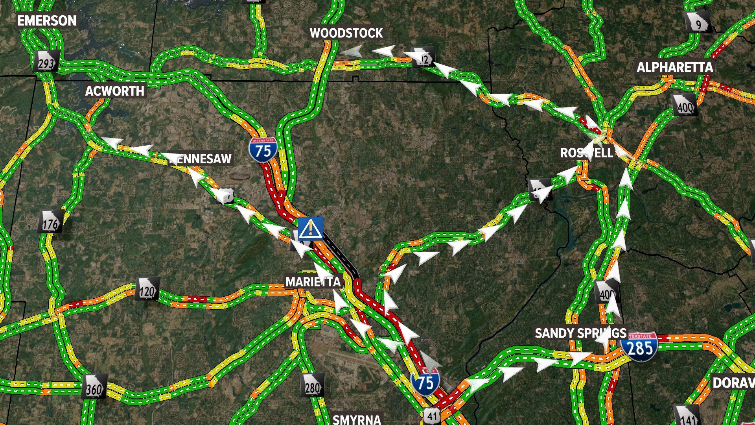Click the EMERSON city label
[46, 20]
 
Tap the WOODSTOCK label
[346, 33]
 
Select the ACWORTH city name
[115, 91]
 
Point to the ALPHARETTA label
[675, 67]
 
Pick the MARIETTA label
[313, 282]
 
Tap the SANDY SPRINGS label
[580, 333]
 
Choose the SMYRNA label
[357, 419]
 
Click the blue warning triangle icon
[311, 229]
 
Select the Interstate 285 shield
[640, 347]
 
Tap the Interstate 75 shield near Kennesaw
[263, 150]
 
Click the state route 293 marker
[46, 62]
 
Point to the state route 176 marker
[51, 223]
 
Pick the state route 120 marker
[147, 290]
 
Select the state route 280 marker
[313, 386]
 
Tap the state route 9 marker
[698, 23]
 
